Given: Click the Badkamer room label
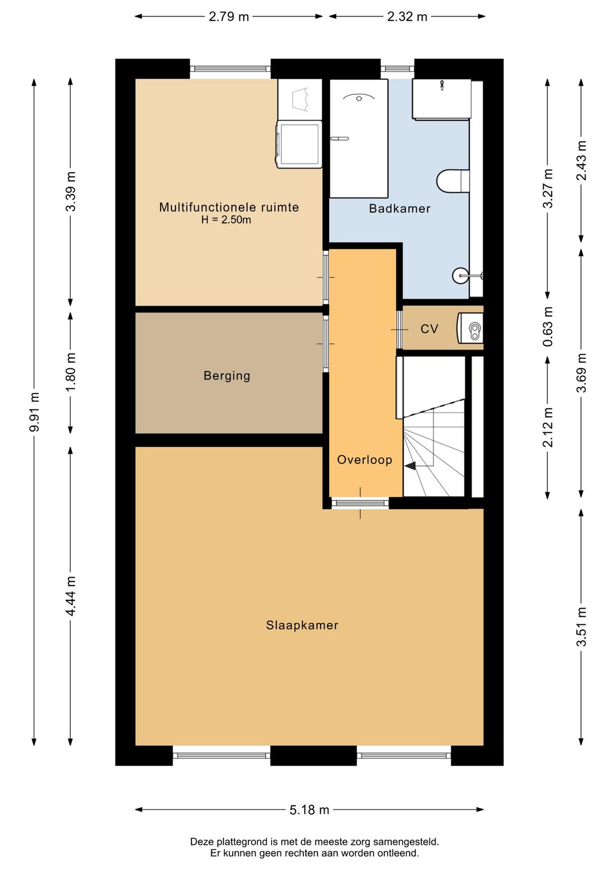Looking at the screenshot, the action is pos(399,209).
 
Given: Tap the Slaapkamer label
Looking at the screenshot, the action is pos(302,625).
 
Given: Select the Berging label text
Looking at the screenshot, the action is pos(227,376).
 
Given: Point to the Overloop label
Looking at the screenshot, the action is pos(364,460).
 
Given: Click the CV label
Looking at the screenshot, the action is pos(429,329).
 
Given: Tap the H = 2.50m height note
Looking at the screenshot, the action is pos(226,220).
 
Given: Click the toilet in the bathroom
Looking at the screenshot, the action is pos(453,181).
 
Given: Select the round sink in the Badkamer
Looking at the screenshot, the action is pos(461,275).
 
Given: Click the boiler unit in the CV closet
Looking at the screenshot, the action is pos(470,328).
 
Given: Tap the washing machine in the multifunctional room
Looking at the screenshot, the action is pos(299,144).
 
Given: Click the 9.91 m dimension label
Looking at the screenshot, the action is pos(35,412).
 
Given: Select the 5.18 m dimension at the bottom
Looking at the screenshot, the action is pos(309,810).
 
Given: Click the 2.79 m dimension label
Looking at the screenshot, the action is pos(229,17).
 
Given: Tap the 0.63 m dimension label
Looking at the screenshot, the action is pos(547,326).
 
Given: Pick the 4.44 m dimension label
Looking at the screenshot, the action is pos(71,596).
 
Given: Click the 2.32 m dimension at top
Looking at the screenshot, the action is pos(407,17).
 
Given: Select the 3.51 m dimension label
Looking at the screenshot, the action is pos(581,627).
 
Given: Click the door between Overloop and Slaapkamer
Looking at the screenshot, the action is pos(360,503).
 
